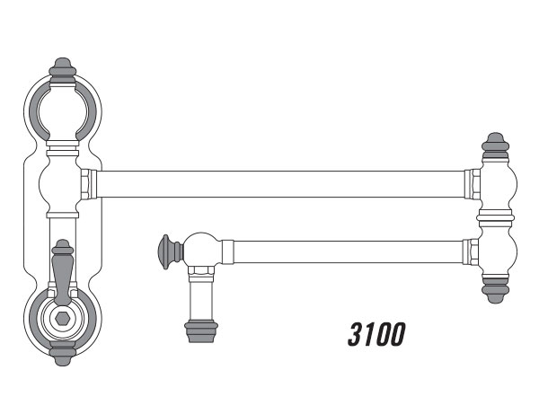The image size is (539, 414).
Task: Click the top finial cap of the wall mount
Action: tap(62, 68)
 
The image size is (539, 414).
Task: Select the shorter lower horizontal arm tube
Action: tap(346, 251)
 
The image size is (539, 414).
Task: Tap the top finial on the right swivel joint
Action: tap(495, 144)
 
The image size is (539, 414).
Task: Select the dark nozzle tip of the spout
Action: tap(200, 330)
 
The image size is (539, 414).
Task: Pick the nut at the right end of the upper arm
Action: tap(471, 184)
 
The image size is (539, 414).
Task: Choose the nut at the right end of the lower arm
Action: tap(466, 251)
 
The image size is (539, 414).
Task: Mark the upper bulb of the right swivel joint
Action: tap(495, 184)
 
